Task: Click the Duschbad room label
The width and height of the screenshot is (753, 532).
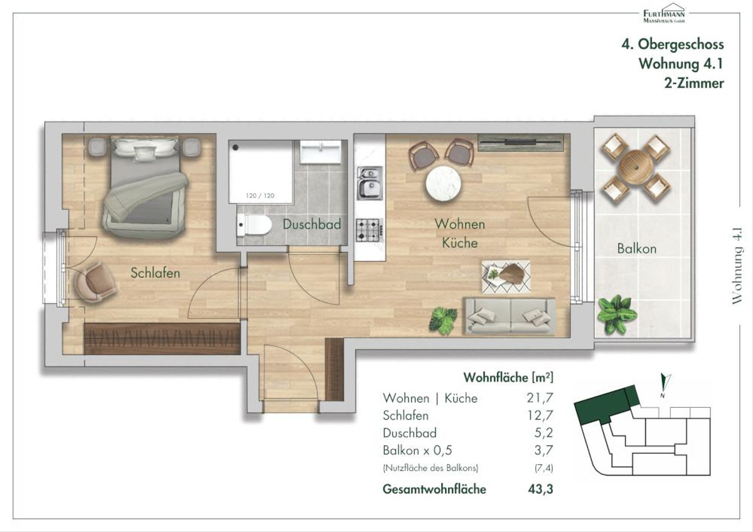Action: (x=312, y=224)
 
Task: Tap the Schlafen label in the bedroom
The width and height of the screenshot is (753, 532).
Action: (x=156, y=273)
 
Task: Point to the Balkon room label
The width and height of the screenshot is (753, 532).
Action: (x=637, y=248)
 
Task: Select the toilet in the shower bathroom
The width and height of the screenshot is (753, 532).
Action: (x=254, y=225)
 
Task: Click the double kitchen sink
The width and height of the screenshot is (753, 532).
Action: (x=370, y=183)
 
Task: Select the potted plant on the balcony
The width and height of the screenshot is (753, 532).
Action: (x=616, y=315)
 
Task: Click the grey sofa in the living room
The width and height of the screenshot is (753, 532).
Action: (x=510, y=316)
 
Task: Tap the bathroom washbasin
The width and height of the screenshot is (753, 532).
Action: (x=321, y=152)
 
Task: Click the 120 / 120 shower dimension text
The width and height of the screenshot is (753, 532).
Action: (x=260, y=196)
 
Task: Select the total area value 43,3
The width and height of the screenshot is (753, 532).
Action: (x=540, y=489)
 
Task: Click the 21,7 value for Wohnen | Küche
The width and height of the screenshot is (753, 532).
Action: (x=540, y=398)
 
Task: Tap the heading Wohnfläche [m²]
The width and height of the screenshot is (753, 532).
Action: (x=508, y=378)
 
